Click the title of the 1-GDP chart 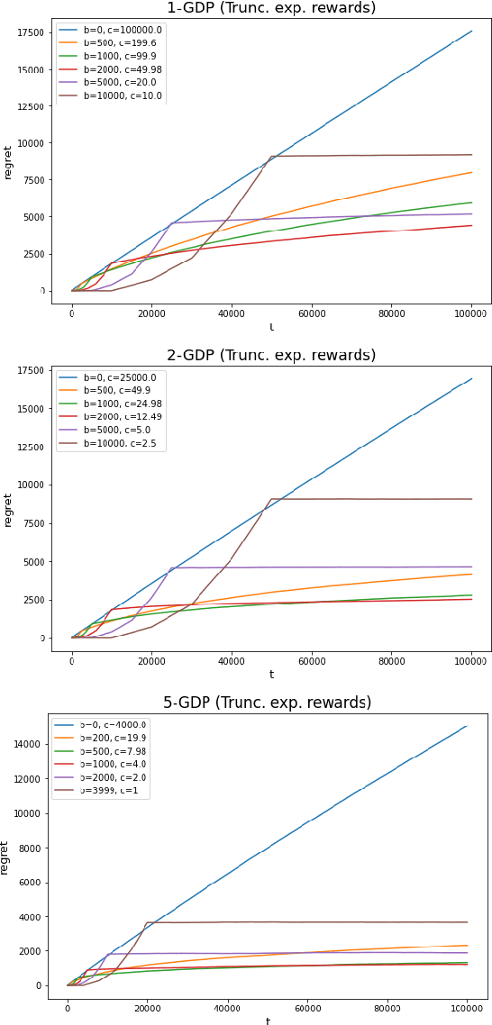[271, 8]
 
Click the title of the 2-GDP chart [271, 355]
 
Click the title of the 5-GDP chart [267, 703]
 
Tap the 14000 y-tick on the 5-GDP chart [28, 744]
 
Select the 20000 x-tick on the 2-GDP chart [151, 660]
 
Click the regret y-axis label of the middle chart [8, 509]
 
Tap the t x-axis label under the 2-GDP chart [271, 674]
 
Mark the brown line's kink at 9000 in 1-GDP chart [272, 157]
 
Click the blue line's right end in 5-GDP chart [468, 726]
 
